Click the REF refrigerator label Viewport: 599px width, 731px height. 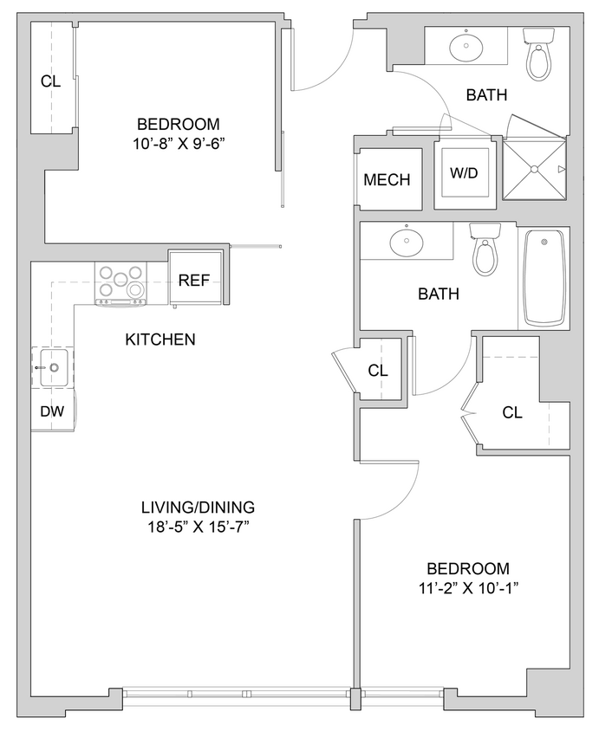191,281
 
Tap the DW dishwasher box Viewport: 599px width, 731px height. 52,412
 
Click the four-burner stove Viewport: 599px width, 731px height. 120,284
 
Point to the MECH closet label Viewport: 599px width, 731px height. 387,180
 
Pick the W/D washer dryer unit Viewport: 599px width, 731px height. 464,173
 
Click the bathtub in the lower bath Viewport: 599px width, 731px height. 544,277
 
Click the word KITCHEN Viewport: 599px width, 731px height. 160,340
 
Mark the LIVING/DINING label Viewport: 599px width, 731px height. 199,508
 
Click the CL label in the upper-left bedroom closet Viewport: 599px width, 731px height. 50,82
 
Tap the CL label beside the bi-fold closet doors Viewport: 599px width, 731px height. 512,412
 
